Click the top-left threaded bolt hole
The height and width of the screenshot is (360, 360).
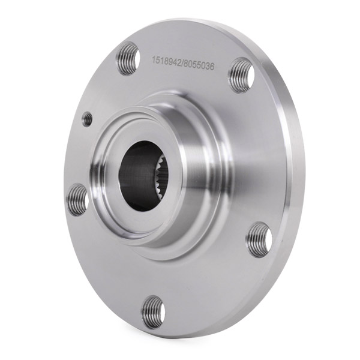pyautogui.click(x=128, y=59)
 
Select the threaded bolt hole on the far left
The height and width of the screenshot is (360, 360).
pyautogui.click(x=77, y=200)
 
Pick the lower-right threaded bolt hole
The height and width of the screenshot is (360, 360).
pyautogui.click(x=259, y=239)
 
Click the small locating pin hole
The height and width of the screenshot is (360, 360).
pyautogui.click(x=88, y=119)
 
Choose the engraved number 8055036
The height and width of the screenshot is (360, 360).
pyautogui.click(x=199, y=65)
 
